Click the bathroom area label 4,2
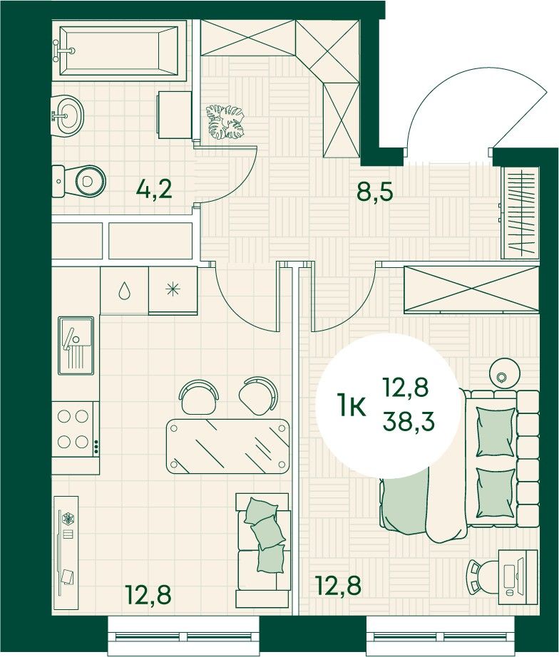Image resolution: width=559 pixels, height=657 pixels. point(154,191)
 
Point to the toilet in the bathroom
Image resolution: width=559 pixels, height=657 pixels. point(79,182)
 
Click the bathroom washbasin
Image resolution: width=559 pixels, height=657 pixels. point(67,115)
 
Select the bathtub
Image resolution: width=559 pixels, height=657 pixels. point(118,51)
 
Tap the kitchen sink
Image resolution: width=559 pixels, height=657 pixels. point(76,346)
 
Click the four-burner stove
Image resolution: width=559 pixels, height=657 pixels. point(75,430)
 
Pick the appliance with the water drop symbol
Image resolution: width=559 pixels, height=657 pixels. point(124,290)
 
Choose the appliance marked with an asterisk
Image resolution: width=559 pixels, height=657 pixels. point(173,290)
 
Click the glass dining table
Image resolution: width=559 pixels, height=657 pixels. point(228,447)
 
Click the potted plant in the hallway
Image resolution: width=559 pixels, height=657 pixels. point(225,122)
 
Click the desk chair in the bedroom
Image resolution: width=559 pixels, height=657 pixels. point(483,576)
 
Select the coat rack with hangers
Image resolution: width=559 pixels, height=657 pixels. point(520,213)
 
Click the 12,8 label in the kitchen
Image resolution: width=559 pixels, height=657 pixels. point(148,594)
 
